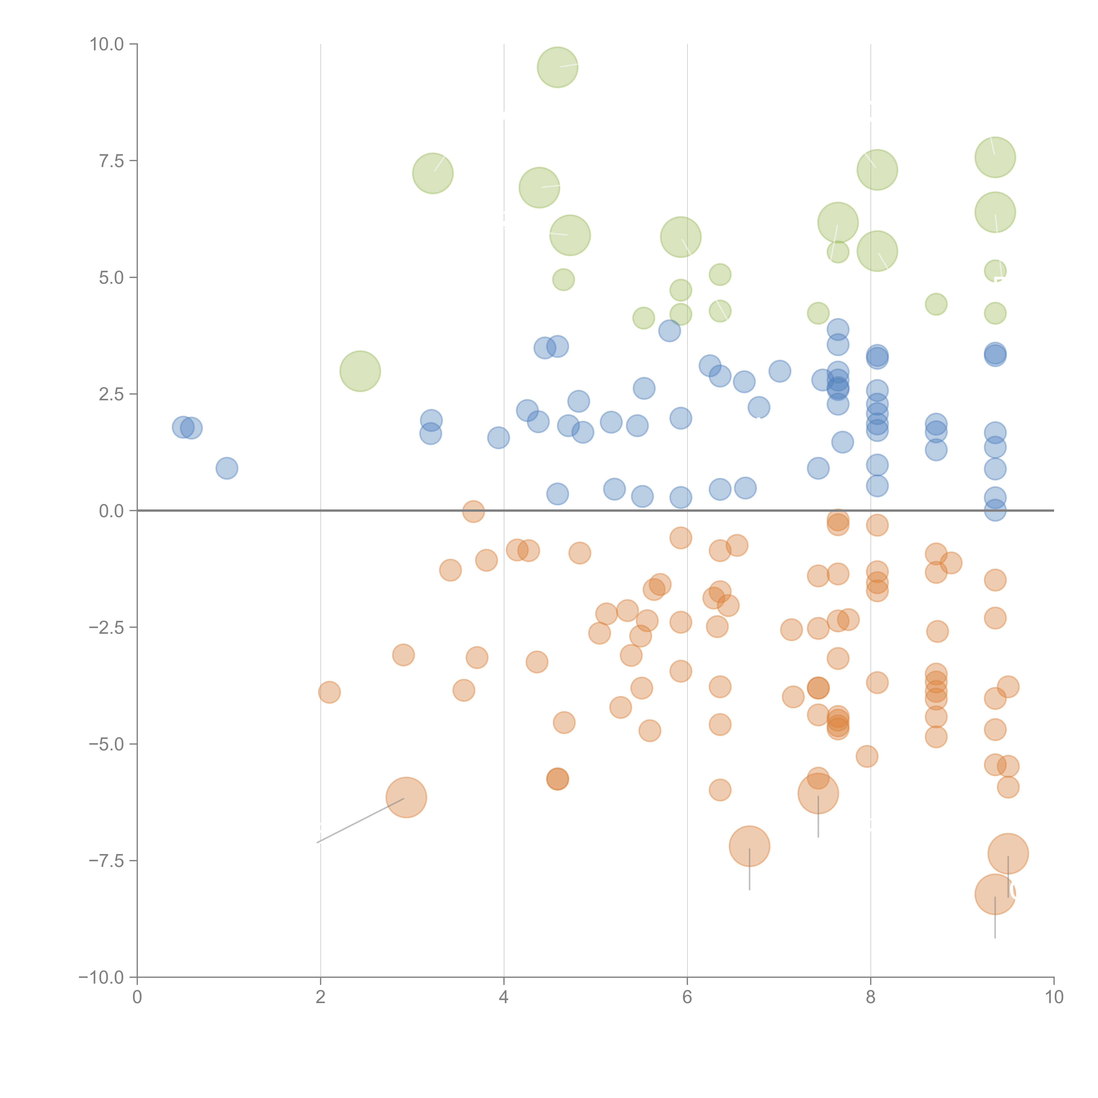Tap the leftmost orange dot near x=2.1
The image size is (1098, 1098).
pyautogui.click(x=329, y=692)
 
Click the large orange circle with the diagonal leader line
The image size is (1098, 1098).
pyautogui.click(x=406, y=797)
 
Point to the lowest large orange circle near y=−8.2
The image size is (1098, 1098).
pyautogui.click(x=995, y=894)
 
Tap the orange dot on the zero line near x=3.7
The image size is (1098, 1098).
pyautogui.click(x=473, y=511)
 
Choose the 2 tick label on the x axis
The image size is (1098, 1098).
pyautogui.click(x=321, y=997)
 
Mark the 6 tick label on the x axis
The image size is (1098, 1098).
pyautogui.click(x=687, y=997)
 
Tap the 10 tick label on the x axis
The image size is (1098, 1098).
pyautogui.click(x=1054, y=997)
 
